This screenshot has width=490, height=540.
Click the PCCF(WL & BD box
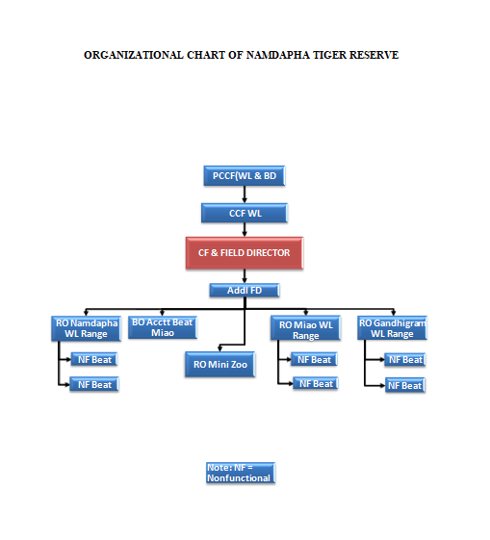click(245, 175)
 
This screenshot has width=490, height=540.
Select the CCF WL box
click(245, 213)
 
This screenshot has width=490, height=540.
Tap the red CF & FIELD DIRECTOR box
click(245, 253)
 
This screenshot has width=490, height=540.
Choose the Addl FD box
click(245, 291)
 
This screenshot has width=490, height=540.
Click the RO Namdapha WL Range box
click(86, 328)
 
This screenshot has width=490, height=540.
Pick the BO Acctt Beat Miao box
click(163, 327)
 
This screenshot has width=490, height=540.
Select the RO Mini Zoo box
click(220, 365)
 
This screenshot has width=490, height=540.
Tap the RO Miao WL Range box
click(305, 328)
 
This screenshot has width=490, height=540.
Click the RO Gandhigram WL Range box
click(392, 328)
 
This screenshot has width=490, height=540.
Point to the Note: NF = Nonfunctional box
click(241, 473)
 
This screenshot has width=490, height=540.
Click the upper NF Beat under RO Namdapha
click(94, 360)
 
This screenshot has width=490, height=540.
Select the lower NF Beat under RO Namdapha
click(94, 384)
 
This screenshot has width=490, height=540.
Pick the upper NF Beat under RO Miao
click(314, 359)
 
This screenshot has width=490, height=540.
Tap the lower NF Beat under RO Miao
click(316, 383)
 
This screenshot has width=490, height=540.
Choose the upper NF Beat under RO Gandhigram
click(405, 360)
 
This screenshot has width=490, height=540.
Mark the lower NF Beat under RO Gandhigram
click(405, 385)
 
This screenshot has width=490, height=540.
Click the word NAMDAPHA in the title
click(278, 55)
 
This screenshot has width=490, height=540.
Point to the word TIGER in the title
click(329, 55)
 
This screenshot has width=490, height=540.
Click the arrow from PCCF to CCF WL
click(245, 194)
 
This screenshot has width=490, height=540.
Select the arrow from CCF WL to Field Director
click(245, 230)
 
